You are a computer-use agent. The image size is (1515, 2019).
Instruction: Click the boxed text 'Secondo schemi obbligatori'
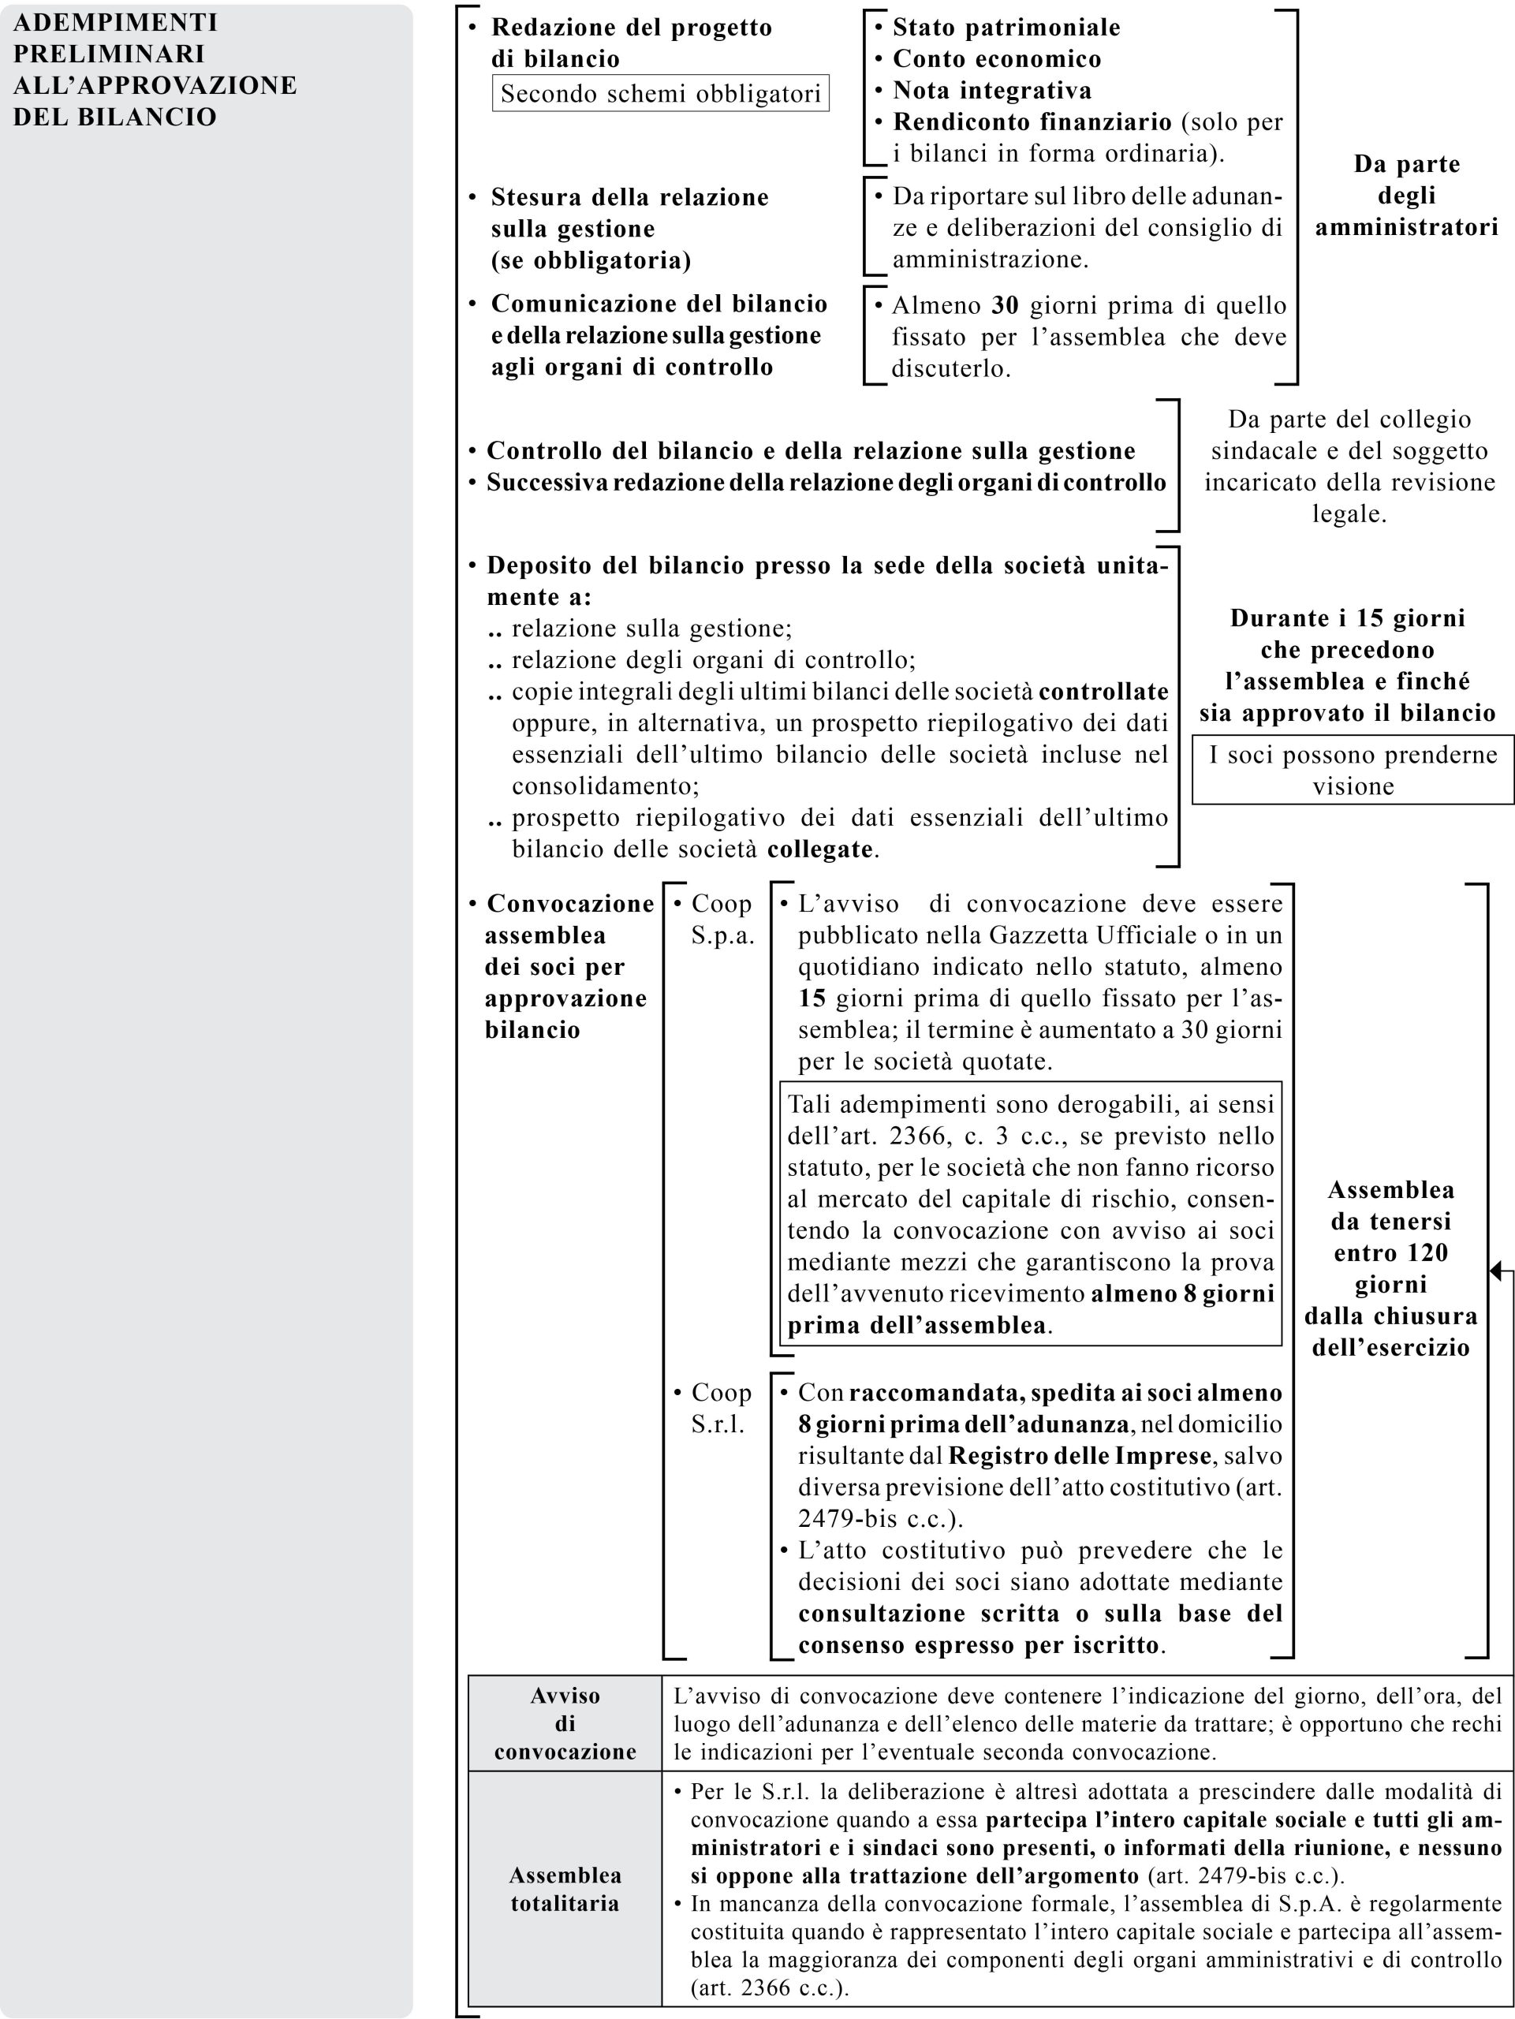point(660,93)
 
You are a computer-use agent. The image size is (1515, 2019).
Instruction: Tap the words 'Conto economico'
point(997,59)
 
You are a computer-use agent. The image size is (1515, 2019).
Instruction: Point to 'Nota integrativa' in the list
point(992,91)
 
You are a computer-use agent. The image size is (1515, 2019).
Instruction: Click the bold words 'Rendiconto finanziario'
point(1032,121)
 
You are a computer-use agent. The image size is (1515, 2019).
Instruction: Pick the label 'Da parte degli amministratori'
point(1406,196)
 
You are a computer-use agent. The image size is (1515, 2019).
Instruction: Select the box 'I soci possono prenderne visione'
point(1353,771)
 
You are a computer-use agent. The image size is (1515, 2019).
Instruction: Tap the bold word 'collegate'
point(820,849)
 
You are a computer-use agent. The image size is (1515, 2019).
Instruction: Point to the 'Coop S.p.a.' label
point(722,919)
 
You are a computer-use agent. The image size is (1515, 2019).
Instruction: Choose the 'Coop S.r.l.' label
point(721,1409)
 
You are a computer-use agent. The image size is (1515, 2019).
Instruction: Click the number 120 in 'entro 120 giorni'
point(1426,1252)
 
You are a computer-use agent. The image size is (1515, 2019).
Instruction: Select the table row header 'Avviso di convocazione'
point(565,1723)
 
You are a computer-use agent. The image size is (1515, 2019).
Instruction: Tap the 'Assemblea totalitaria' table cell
point(565,1890)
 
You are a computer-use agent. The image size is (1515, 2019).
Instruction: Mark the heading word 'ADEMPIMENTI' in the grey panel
point(115,22)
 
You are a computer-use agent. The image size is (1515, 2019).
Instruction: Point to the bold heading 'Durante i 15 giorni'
point(1347,618)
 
